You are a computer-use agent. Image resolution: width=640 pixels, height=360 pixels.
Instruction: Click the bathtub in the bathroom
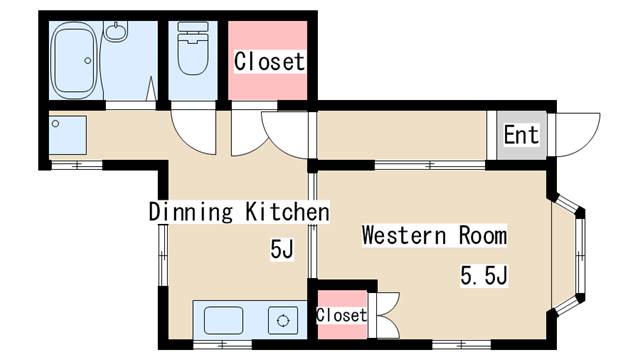coord(75,60)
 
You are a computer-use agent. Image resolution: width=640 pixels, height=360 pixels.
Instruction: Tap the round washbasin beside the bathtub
coord(116,31)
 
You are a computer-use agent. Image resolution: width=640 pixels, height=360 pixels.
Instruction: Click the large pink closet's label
coord(269,61)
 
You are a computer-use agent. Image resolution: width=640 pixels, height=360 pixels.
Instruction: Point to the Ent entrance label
coord(521,135)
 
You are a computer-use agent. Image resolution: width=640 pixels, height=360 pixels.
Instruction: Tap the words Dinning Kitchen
coord(239,211)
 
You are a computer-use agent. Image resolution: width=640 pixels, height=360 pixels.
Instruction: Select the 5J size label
coord(282,249)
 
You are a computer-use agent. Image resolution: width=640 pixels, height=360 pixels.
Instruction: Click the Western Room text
coord(434,235)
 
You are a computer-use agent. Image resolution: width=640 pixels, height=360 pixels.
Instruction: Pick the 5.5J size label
coord(484,275)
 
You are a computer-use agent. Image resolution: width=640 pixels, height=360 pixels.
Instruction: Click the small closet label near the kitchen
coord(342,315)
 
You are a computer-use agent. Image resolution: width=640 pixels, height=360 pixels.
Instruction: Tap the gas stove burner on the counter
coord(283,320)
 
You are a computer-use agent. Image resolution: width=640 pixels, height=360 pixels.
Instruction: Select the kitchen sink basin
coord(223,320)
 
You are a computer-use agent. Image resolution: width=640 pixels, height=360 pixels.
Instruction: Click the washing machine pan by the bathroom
coord(68,135)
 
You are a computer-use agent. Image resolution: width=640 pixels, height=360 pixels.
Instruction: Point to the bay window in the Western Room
coord(569,254)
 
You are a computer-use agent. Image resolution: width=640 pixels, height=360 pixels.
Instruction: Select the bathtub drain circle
coord(88,60)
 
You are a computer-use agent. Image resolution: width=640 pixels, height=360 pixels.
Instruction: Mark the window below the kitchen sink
coord(222,345)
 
